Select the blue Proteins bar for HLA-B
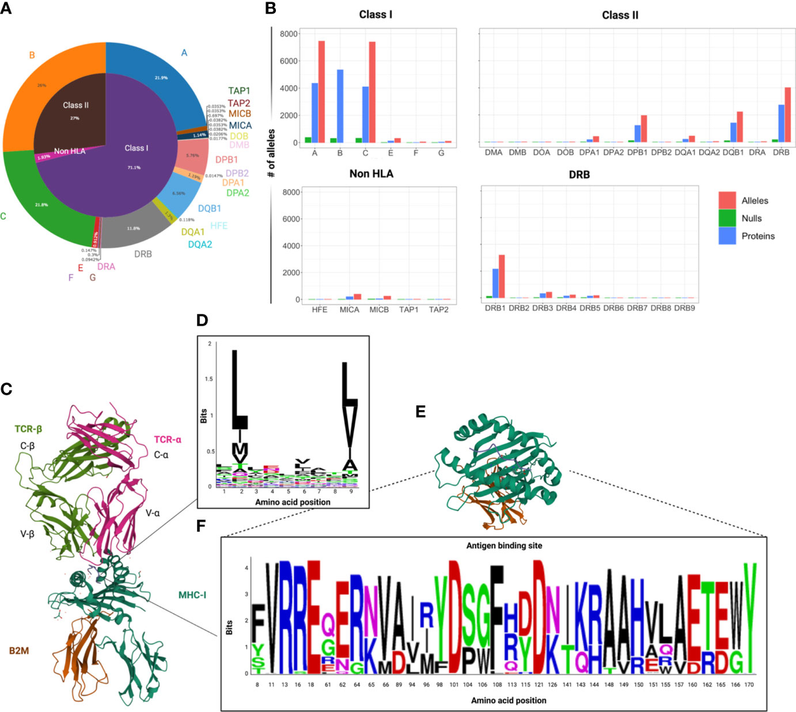coord(340,106)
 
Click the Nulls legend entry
coord(751,218)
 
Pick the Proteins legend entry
coord(758,236)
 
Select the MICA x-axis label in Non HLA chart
coord(350,310)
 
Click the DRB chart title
coord(579,175)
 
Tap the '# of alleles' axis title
coord(271,153)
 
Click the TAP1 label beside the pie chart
coord(239,91)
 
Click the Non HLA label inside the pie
coord(70,151)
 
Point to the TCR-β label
coord(29,430)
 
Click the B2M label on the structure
coord(19,651)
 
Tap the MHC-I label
coord(192,595)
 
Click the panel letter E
coord(420,411)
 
